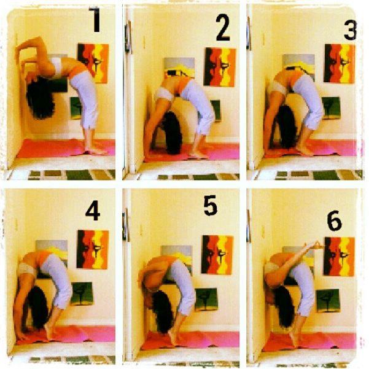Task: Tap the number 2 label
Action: coord(223,27)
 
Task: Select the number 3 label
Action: coord(351,30)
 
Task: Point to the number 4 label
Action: coord(93,211)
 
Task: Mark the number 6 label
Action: coord(334,220)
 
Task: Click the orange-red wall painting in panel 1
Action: coord(93,63)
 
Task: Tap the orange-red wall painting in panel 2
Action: coord(220,67)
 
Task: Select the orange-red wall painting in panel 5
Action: coord(217,255)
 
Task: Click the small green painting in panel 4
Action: coord(82,293)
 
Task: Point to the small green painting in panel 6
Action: coord(328,301)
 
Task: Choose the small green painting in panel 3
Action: coord(332,108)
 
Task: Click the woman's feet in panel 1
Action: coord(95,150)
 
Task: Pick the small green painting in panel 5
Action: coord(206,300)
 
